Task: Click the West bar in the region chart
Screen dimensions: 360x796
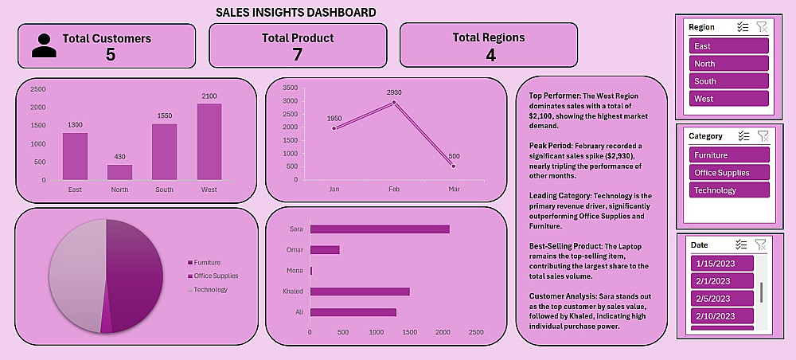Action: (209, 142)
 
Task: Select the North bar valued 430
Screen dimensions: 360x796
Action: (120, 172)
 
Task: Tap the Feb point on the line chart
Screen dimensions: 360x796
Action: (394, 102)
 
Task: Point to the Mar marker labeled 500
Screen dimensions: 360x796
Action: (454, 166)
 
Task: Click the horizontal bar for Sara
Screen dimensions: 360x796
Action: (380, 229)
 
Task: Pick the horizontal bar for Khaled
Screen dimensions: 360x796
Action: (360, 292)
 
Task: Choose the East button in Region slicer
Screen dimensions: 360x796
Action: (728, 46)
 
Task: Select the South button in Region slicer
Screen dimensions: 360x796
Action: (728, 81)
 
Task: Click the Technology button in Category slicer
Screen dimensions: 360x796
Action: (729, 190)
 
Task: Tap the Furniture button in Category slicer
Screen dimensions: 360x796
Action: (729, 155)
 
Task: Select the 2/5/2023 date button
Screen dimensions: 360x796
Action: (721, 299)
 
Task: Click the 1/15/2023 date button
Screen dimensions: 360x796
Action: (721, 264)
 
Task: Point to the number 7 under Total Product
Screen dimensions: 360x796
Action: (298, 54)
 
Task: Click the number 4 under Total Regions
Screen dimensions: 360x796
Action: (490, 54)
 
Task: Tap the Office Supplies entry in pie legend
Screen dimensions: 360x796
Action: (216, 276)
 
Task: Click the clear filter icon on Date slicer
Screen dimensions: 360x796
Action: (761, 245)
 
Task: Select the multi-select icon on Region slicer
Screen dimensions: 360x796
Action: (743, 27)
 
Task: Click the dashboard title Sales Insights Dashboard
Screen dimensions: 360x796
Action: (296, 13)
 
